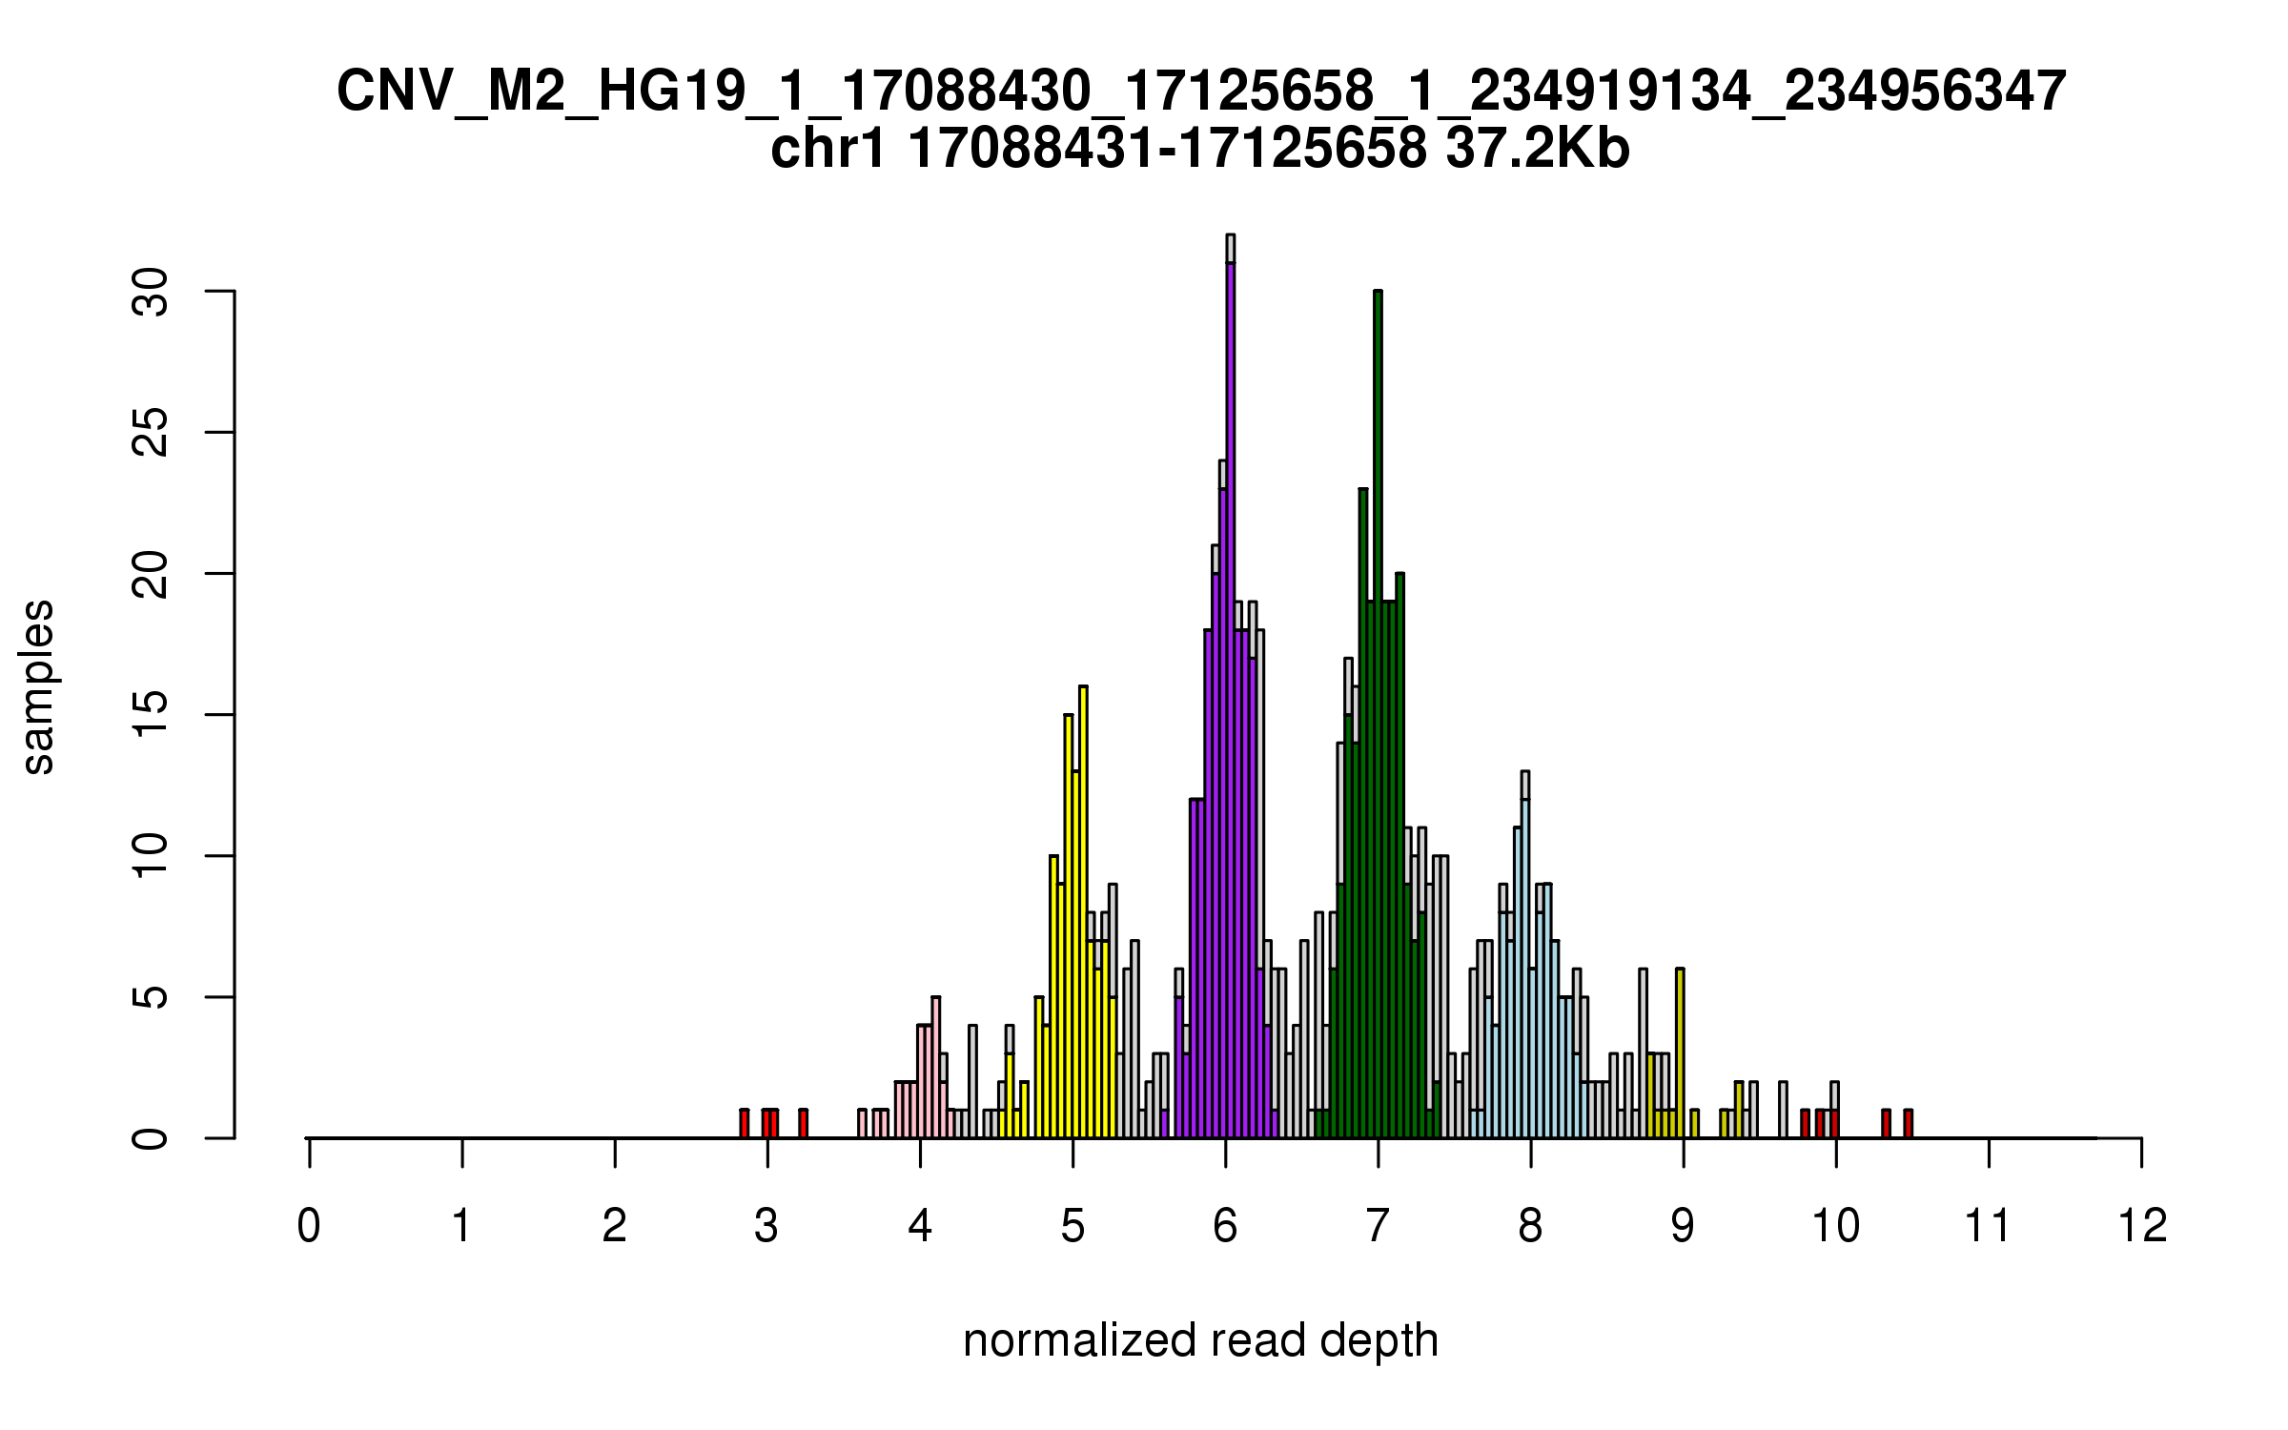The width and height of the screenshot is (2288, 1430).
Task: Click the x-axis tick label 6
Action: pos(1225,1226)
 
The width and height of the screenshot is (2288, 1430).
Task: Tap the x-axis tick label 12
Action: pos(2142,1226)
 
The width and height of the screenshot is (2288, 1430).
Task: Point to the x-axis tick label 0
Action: pos(309,1226)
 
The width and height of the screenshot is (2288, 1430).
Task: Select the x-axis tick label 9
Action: pos(1684,1226)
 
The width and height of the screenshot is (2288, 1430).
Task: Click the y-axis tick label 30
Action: pos(152,291)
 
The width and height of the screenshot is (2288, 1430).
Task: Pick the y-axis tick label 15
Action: pos(152,715)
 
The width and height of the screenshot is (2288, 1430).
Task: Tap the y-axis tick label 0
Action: pos(152,1138)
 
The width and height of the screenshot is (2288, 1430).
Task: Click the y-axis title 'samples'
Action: pos(38,686)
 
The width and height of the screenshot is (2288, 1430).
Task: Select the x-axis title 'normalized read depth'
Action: pos(1200,1340)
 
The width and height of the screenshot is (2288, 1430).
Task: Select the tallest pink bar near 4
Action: pos(936,1068)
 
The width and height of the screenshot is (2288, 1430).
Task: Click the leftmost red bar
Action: pos(745,1124)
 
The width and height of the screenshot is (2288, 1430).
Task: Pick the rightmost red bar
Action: pos(1908,1124)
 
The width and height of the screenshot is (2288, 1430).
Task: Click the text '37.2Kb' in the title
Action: pos(1537,150)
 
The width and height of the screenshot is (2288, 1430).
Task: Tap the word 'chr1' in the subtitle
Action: pos(827,150)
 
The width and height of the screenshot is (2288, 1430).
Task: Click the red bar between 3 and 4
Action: pos(804,1124)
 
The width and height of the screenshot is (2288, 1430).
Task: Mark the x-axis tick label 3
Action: pos(766,1226)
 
